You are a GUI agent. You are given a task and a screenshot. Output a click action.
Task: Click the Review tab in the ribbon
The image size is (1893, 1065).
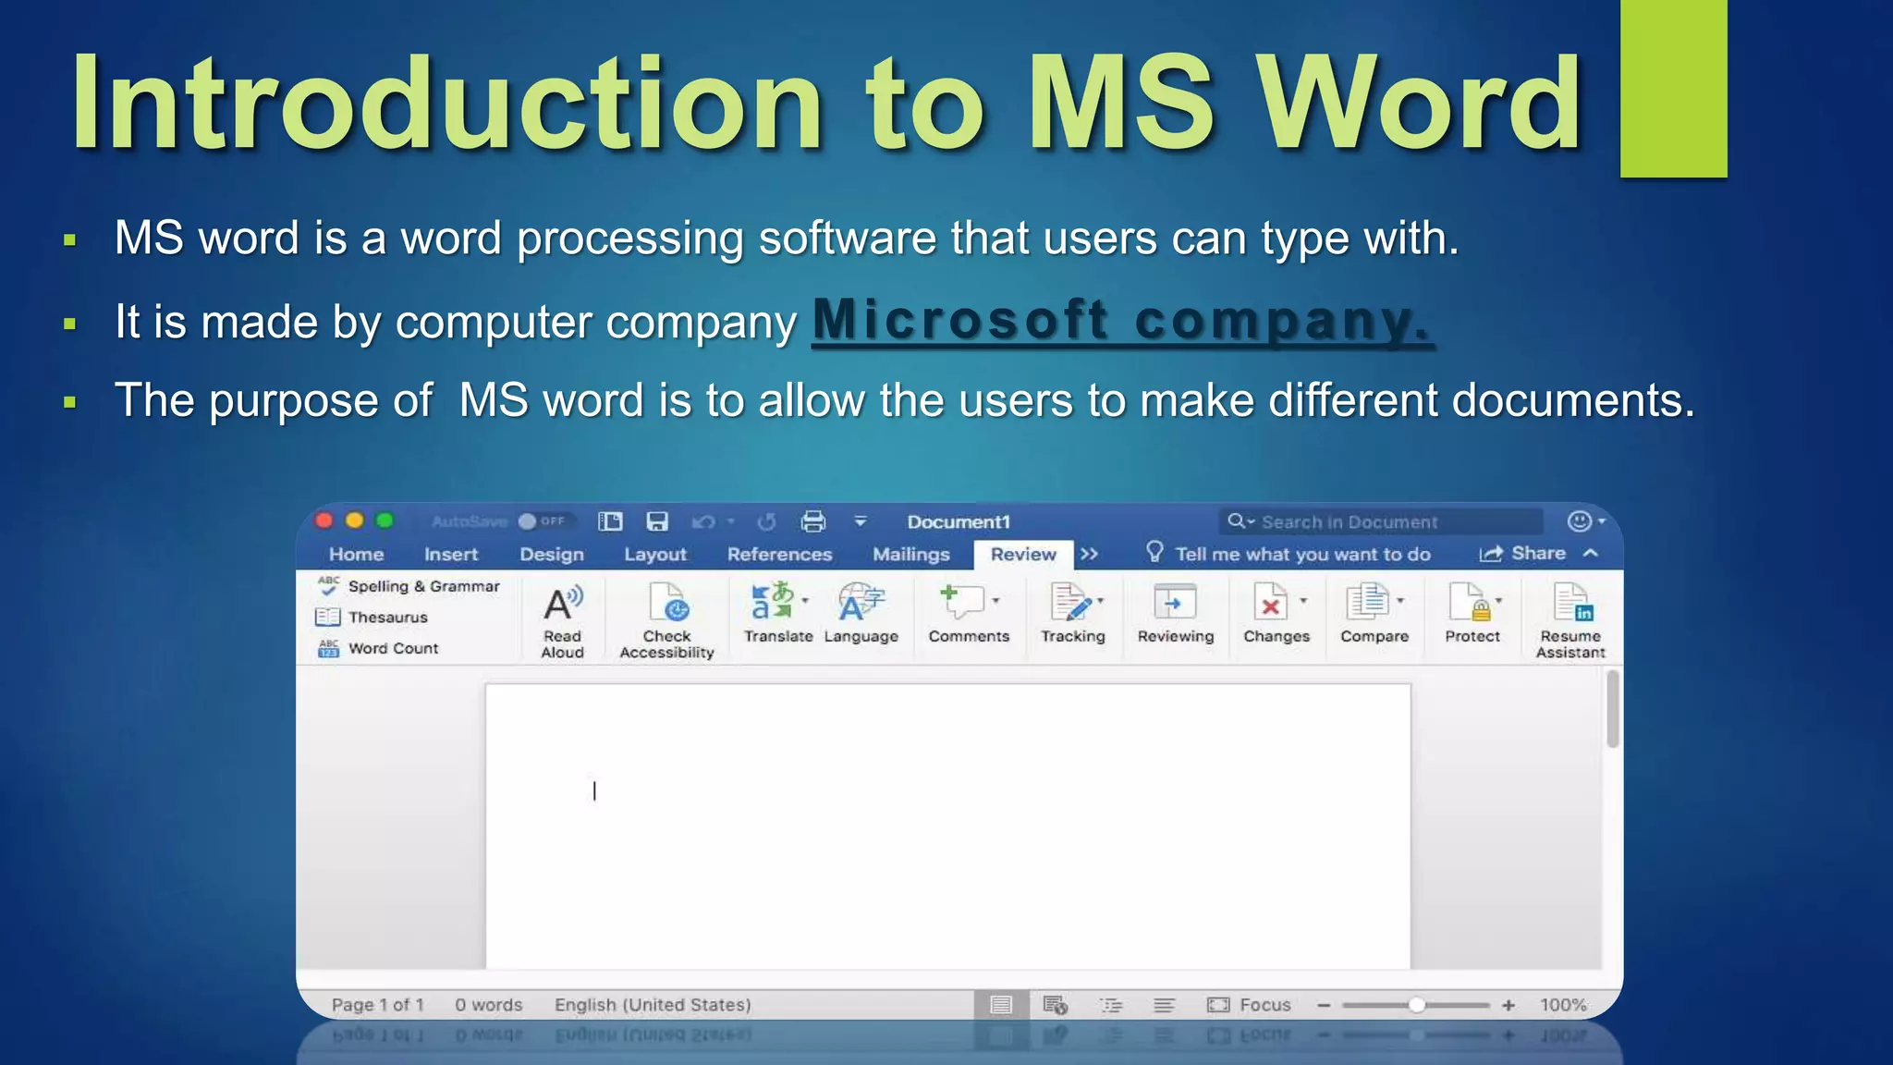click(x=1022, y=554)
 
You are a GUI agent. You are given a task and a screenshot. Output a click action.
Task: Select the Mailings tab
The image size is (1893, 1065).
click(x=910, y=554)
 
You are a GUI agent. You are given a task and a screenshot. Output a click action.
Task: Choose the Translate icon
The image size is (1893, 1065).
click(x=777, y=611)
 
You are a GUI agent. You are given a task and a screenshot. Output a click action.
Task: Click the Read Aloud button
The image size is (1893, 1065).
click(x=562, y=618)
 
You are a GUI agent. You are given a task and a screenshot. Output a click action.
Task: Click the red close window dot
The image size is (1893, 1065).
click(x=324, y=520)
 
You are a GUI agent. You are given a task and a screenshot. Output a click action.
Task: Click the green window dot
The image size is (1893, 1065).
click(x=385, y=520)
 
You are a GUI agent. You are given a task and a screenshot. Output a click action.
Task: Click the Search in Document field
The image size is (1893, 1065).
click(x=1381, y=521)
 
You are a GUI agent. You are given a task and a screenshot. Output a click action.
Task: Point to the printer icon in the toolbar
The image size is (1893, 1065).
click(x=813, y=521)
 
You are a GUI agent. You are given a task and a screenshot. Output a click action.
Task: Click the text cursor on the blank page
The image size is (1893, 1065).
click(x=594, y=791)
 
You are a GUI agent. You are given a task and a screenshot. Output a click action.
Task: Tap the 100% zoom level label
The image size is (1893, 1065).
click(x=1562, y=1005)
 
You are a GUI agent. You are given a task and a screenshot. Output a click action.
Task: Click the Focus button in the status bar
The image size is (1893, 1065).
click(x=1250, y=1005)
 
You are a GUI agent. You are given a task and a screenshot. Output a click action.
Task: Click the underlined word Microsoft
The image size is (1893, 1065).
click(x=959, y=321)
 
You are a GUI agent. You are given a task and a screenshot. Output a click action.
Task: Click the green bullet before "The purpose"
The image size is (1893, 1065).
click(x=69, y=402)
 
